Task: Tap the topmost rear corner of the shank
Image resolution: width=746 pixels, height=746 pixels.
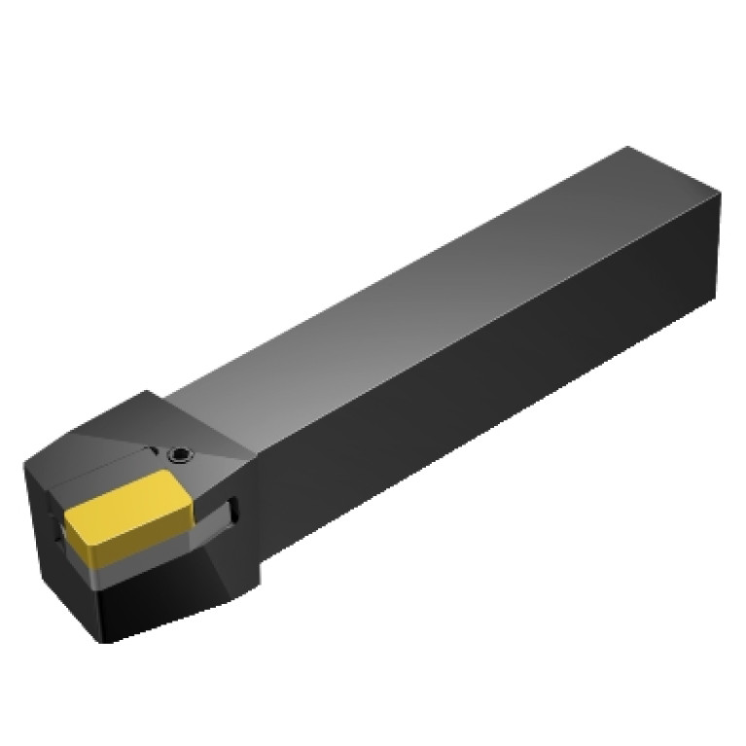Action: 629,148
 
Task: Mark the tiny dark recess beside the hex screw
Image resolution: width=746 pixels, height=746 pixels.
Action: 152,451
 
